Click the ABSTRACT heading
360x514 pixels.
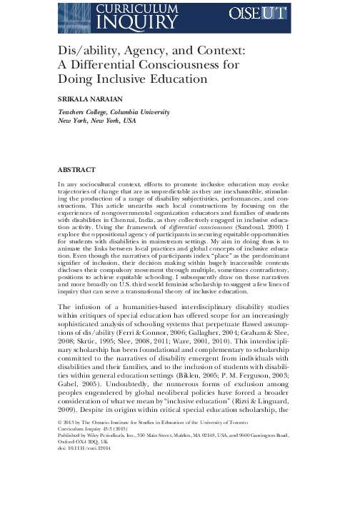click(x=75, y=171)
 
